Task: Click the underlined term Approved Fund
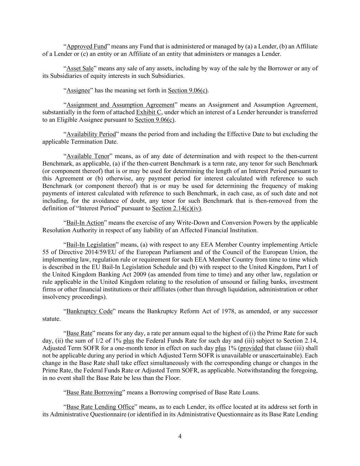point(87,46)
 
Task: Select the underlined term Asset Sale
point(80,68)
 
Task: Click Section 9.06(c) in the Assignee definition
point(188,90)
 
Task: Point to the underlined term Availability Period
point(91,134)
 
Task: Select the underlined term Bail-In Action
point(85,223)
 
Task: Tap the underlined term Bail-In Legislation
point(91,245)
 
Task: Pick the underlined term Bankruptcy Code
point(89,311)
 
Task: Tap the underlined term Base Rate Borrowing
point(94,393)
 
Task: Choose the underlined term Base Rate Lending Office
point(100,407)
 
